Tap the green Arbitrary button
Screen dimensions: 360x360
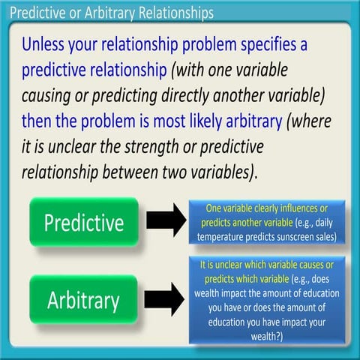click(x=82, y=300)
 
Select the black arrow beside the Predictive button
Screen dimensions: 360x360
click(x=164, y=220)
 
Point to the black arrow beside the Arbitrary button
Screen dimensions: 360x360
click(x=164, y=299)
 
